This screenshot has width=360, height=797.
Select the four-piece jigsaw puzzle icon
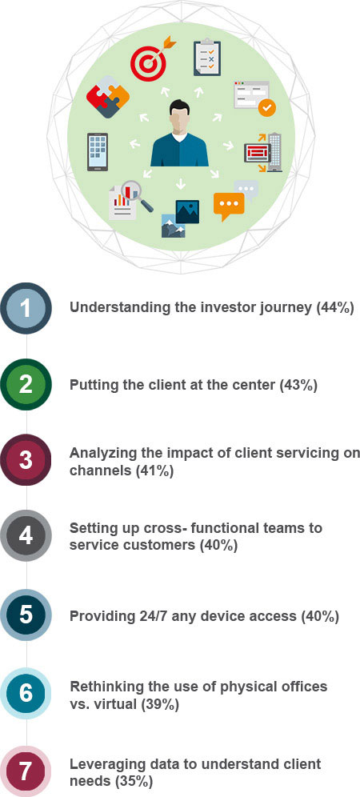point(108,95)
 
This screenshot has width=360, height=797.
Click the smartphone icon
point(97,152)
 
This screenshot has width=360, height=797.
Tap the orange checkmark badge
point(266,107)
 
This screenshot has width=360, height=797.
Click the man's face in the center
point(179,121)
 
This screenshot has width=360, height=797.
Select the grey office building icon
point(274,152)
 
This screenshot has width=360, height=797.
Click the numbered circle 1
point(26,309)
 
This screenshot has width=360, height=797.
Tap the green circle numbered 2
point(26,385)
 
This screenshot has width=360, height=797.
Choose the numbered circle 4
point(26,536)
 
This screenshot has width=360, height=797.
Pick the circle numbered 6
point(26,695)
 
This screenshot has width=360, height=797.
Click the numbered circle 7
point(26,771)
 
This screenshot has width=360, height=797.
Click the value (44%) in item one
point(334,308)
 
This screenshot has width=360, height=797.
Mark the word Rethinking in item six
point(103,687)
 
